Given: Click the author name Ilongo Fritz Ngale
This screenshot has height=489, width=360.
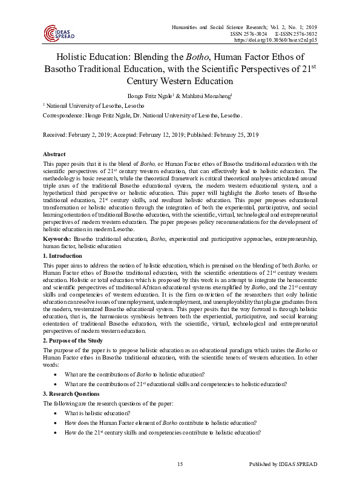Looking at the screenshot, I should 148,96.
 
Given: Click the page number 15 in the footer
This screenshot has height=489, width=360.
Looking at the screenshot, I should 180,464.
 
